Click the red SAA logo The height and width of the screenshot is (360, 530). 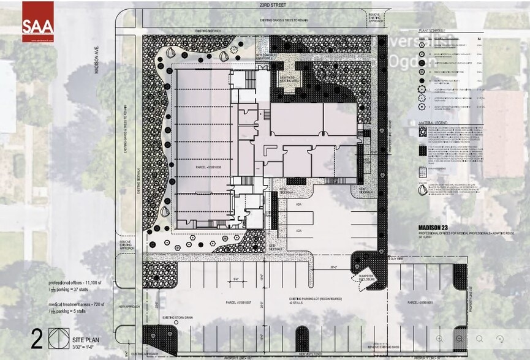click(38, 22)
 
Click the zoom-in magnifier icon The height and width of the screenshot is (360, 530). click(440, 338)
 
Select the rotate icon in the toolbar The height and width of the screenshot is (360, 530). click(499, 338)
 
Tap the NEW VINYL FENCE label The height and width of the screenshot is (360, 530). click(312, 354)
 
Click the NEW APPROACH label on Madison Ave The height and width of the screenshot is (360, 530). click(130, 306)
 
